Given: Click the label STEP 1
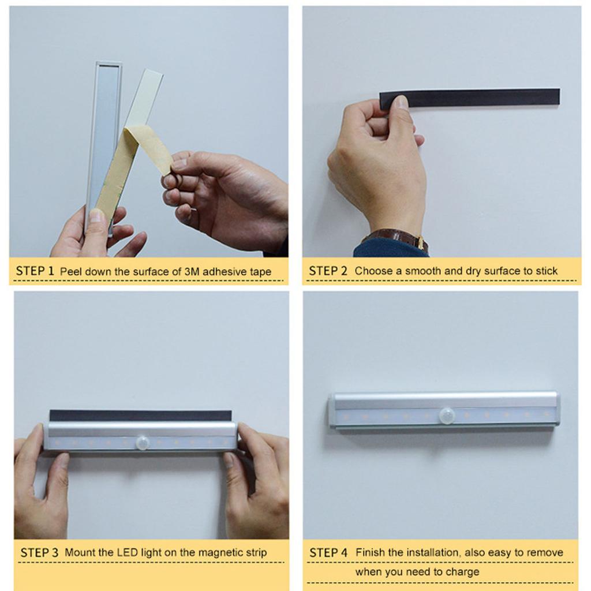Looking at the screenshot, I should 35,271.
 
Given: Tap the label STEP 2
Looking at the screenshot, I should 328,271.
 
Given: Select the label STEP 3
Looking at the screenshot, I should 39,552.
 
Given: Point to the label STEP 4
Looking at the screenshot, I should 328,552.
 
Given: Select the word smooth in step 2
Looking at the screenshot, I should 422,271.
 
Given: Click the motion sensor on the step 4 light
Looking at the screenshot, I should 446,415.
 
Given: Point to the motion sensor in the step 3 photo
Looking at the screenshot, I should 143,443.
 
